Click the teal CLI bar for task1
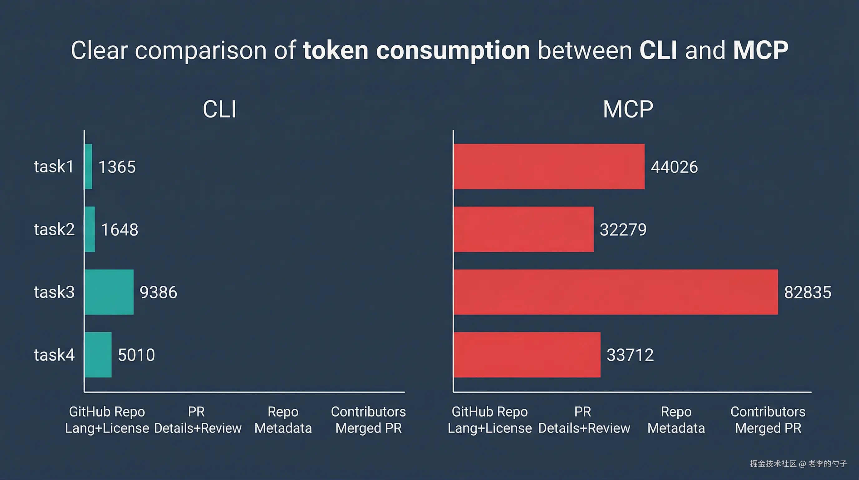(x=88, y=167)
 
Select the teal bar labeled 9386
(x=109, y=292)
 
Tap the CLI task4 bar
(x=98, y=355)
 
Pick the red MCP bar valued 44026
(x=549, y=167)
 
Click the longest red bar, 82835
(x=616, y=292)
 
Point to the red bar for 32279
(x=523, y=229)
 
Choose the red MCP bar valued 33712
(x=527, y=355)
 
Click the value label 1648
(x=119, y=230)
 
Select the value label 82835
(x=807, y=293)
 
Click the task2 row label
(x=54, y=230)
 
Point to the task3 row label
(x=54, y=292)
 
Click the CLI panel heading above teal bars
(x=219, y=109)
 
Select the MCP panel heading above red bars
(x=628, y=109)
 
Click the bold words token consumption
(x=416, y=50)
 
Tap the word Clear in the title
(x=99, y=50)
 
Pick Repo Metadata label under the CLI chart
(x=283, y=420)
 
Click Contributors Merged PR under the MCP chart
(x=768, y=420)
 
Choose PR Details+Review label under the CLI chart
(x=197, y=420)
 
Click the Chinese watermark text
(x=798, y=464)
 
